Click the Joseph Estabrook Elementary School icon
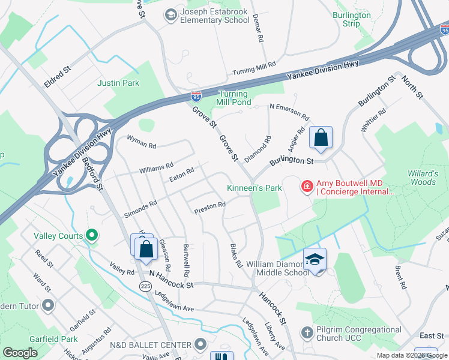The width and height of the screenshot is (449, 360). tap(170, 14)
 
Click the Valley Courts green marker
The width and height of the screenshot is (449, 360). tap(92, 236)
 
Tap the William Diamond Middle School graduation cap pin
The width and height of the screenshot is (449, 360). tap(315, 259)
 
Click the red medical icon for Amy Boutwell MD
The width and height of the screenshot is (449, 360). tap(307, 187)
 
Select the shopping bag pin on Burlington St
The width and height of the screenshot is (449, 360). tap(321, 137)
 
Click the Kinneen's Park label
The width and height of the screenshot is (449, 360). tap(254, 188)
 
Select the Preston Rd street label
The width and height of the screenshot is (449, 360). tap(209, 207)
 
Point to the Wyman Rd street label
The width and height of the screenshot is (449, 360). tap(141, 142)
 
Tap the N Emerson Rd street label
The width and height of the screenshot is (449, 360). tap(289, 111)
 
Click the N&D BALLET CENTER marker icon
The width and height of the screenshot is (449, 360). tap(200, 344)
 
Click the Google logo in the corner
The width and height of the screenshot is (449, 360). tap(20, 353)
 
